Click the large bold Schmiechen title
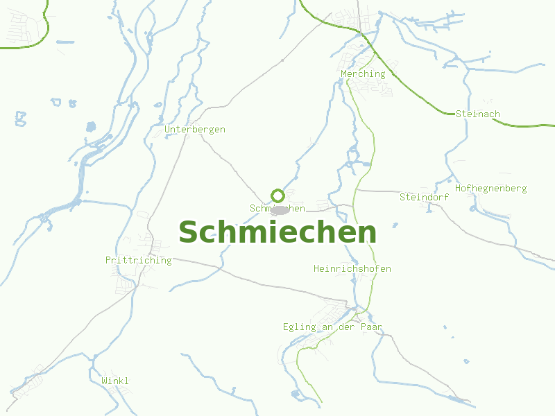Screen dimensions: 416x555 277,232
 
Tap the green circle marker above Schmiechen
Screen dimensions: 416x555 277,196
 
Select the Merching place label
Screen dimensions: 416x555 363,73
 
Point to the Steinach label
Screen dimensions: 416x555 478,114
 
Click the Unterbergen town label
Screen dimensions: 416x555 195,129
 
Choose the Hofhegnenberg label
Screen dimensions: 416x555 490,188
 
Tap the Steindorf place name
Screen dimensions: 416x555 424,197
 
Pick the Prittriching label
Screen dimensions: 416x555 138,260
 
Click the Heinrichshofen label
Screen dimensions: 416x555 352,268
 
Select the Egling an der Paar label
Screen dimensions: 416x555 332,327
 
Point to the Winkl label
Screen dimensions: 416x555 115,381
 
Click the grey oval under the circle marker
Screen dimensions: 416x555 279,209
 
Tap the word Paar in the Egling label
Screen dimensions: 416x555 371,327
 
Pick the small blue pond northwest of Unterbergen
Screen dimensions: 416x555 90,127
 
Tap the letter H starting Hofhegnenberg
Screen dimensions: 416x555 459,188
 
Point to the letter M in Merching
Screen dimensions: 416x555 344,73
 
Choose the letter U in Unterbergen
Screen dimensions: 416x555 168,129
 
